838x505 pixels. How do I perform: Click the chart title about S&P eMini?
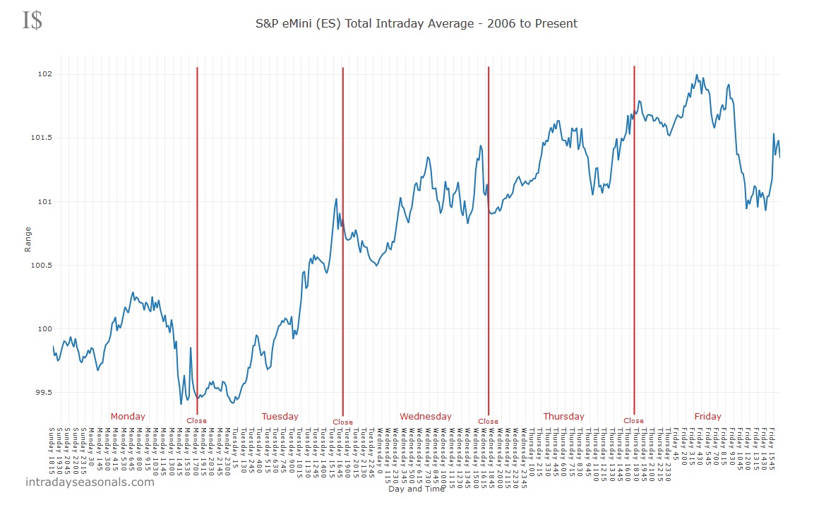coord(417,23)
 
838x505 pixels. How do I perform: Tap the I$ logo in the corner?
coord(32,20)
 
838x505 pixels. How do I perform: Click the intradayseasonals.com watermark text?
coord(90,482)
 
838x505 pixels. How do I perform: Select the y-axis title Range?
coord(28,239)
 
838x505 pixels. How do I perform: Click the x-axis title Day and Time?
coord(414,488)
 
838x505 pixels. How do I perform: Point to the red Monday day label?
coord(128,416)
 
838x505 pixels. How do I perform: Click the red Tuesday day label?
coord(280,416)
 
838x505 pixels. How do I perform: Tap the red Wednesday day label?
coord(426,416)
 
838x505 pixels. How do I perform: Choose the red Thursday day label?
coord(564,416)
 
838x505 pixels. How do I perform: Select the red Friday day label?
coord(708,416)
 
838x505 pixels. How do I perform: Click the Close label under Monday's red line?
coord(196,421)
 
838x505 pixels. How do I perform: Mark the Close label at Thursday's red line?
coord(633,421)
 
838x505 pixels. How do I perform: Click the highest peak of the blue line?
coord(697,75)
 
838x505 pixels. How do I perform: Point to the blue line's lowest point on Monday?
coord(181,403)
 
